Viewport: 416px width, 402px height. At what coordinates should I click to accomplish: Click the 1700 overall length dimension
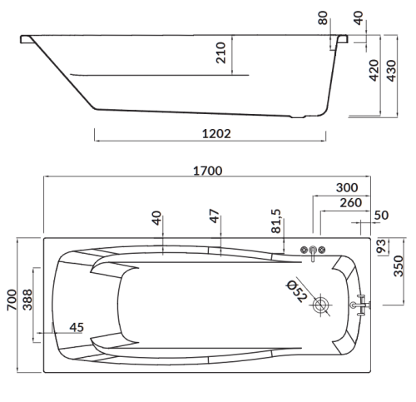coord(208,171)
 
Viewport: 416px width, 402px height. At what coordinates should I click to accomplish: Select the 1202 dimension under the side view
coord(216,134)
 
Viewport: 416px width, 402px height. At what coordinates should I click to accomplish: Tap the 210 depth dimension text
coord(221,52)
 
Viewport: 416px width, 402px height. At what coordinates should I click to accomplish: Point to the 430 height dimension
coord(391,71)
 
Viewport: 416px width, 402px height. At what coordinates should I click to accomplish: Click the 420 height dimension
coord(374,70)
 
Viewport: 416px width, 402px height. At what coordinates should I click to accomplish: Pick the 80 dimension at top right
coord(323,18)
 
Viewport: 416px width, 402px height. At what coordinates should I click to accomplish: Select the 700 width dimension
coord(12,300)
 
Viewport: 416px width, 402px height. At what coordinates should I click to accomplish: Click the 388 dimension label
coord(27,300)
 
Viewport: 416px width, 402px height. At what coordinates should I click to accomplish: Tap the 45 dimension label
coord(77,328)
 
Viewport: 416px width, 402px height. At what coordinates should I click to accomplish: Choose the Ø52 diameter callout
coord(297,291)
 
